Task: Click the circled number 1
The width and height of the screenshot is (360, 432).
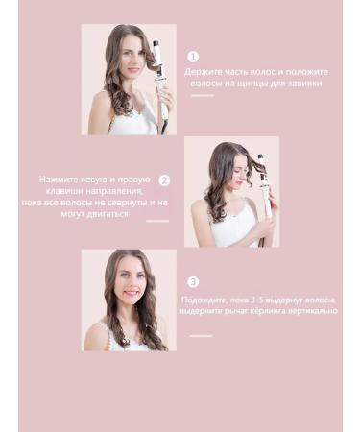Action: pyautogui.click(x=193, y=58)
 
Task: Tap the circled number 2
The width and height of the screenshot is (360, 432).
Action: pyautogui.click(x=164, y=180)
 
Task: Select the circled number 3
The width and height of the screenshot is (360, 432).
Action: pyautogui.click(x=193, y=281)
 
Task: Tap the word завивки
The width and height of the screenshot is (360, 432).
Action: pyautogui.click(x=302, y=83)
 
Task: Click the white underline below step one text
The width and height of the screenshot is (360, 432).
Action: pyautogui.click(x=202, y=96)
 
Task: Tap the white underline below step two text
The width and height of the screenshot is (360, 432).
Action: pyautogui.click(x=156, y=222)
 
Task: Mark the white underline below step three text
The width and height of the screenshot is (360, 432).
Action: pyautogui.click(x=201, y=336)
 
